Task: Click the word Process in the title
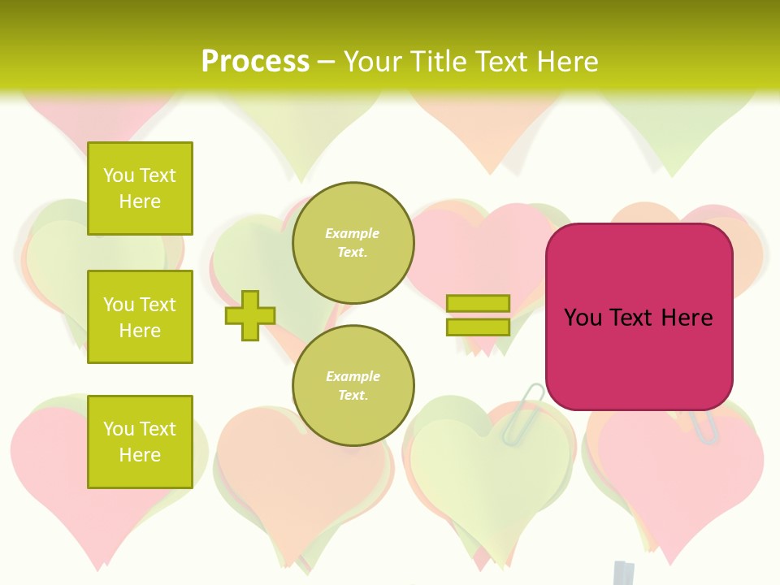click(x=255, y=62)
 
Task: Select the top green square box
click(x=140, y=188)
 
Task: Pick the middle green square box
click(x=140, y=317)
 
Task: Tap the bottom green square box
click(x=140, y=442)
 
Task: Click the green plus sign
click(x=250, y=315)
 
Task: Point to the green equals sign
click(x=478, y=315)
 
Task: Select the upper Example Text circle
click(x=353, y=243)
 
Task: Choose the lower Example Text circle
click(x=353, y=386)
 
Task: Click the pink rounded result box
click(x=639, y=317)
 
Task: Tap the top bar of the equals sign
click(x=478, y=303)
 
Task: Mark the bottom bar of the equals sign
click(x=478, y=327)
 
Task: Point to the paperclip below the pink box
click(x=704, y=426)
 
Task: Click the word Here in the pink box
click(x=687, y=317)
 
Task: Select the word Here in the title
click(x=565, y=62)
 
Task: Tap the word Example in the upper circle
click(x=353, y=233)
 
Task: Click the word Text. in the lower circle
click(x=353, y=395)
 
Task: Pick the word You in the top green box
click(x=118, y=175)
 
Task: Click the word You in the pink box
click(x=582, y=317)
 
